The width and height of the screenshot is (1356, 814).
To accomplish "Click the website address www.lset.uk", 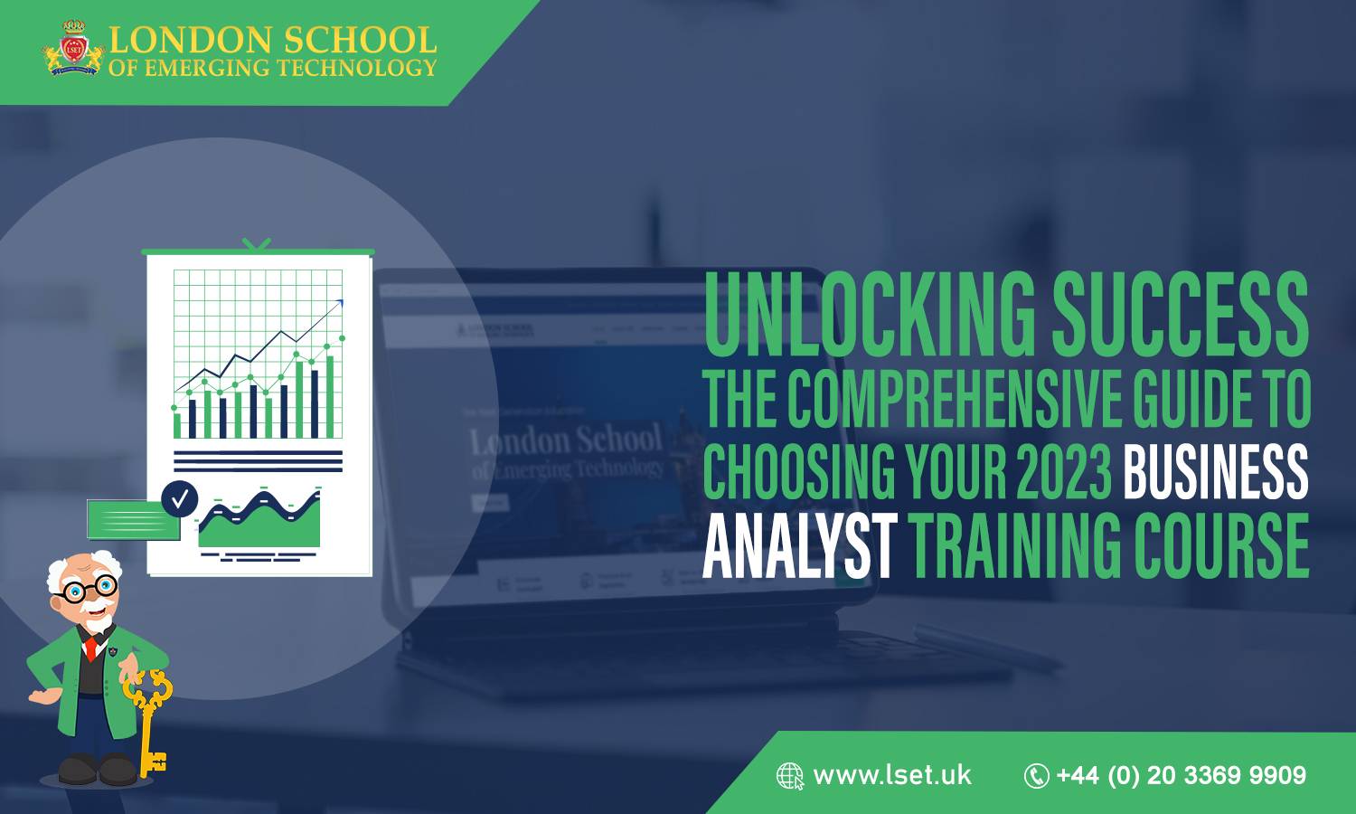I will [891, 775].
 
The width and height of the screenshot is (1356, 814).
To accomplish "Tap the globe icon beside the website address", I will [789, 776].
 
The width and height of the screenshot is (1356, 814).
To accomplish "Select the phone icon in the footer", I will [1036, 776].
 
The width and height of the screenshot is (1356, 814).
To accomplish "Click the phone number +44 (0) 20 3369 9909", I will [1181, 775].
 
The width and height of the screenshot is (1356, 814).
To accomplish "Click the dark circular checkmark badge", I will [180, 497].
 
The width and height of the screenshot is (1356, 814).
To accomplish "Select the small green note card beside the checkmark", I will [132, 519].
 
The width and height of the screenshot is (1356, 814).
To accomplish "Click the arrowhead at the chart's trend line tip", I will [339, 304].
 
